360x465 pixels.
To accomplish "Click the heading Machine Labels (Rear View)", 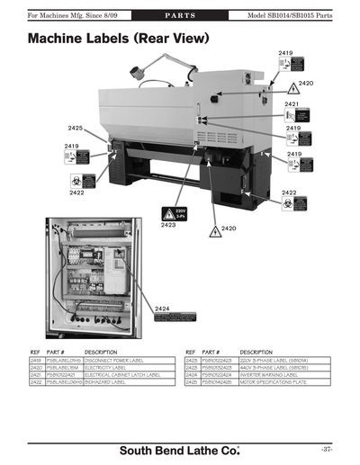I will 118,40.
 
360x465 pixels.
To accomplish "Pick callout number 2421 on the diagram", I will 291,104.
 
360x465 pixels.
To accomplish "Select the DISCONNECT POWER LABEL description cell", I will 121,360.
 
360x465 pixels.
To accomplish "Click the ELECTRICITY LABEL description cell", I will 111,367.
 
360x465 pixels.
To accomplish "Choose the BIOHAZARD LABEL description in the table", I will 108,382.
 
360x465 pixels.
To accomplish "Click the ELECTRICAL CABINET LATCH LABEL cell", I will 122,375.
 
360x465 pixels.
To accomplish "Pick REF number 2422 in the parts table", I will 37,382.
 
